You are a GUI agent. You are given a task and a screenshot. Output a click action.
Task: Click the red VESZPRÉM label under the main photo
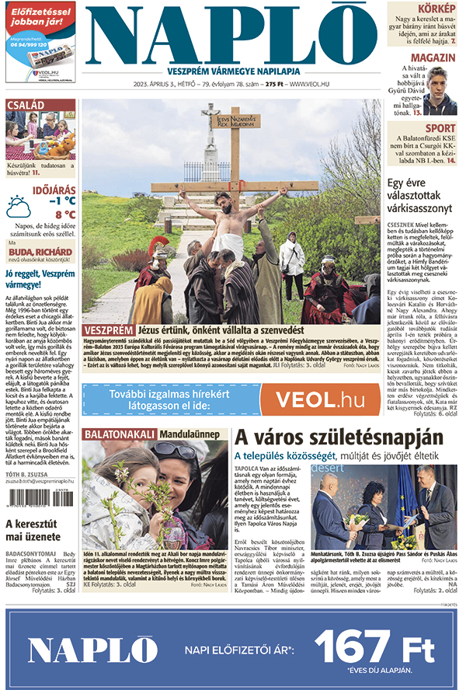[x=108, y=329]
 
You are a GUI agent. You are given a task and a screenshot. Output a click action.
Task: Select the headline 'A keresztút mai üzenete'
[x=35, y=530]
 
